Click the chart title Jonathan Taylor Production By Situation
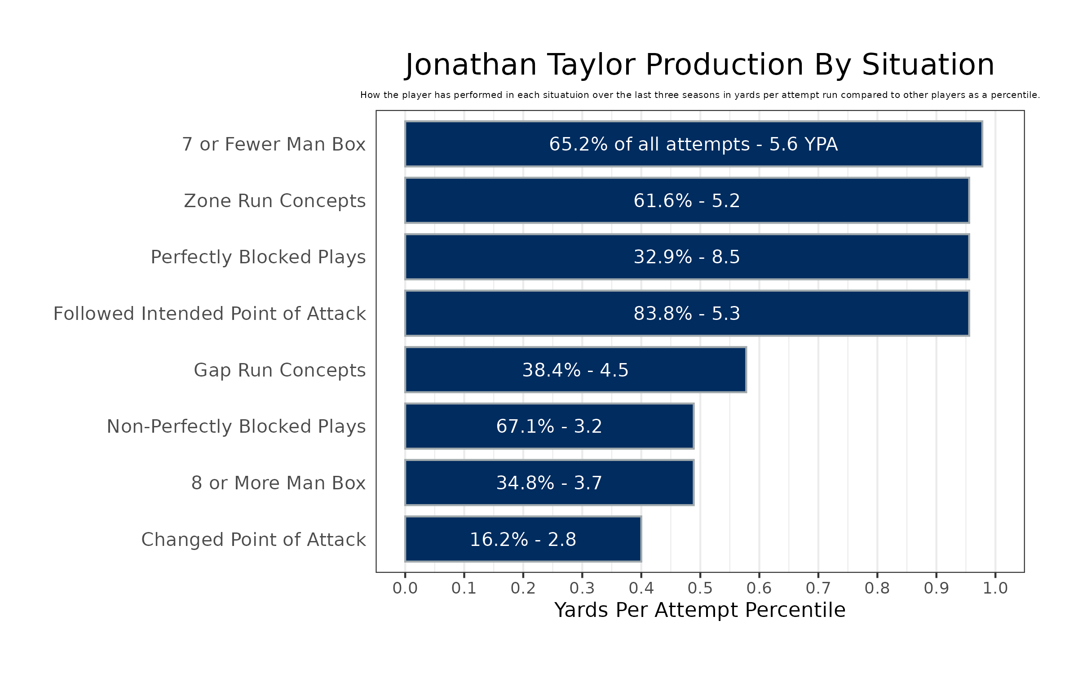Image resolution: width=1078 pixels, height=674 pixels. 700,65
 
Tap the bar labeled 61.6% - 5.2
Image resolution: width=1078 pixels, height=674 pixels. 686,200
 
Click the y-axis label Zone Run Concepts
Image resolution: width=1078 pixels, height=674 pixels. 274,201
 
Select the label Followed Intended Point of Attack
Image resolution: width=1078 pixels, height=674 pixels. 209,314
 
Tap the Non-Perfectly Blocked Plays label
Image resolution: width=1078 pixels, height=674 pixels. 236,426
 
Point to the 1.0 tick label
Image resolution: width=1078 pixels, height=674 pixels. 995,588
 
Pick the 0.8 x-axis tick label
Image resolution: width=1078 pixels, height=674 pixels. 877,588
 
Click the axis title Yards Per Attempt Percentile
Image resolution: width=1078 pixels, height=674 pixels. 700,610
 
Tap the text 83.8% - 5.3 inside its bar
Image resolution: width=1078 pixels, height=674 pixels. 686,314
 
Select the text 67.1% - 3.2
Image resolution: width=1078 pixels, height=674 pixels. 549,426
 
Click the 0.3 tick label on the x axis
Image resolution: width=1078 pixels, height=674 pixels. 582,588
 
